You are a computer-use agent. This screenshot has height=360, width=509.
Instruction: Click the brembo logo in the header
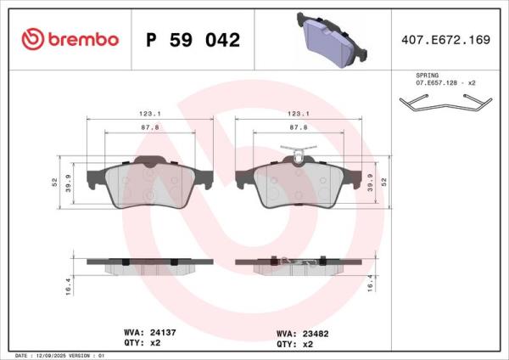pos(70,39)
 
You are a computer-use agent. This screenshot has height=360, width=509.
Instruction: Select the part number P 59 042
pos(193,40)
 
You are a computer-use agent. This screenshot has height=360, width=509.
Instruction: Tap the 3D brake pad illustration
pos(332,40)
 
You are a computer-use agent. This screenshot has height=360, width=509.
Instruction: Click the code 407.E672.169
pos(445,40)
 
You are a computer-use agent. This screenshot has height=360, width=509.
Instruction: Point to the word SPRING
pos(428,76)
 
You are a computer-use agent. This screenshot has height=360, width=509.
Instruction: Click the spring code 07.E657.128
pos(437,83)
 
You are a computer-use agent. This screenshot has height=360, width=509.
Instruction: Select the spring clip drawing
pos(445,103)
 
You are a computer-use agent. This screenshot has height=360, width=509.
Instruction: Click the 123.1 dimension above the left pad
pos(150,114)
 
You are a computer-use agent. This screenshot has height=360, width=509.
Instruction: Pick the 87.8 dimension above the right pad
pos(299,127)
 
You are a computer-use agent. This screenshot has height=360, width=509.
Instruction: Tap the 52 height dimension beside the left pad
pos(54,182)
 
